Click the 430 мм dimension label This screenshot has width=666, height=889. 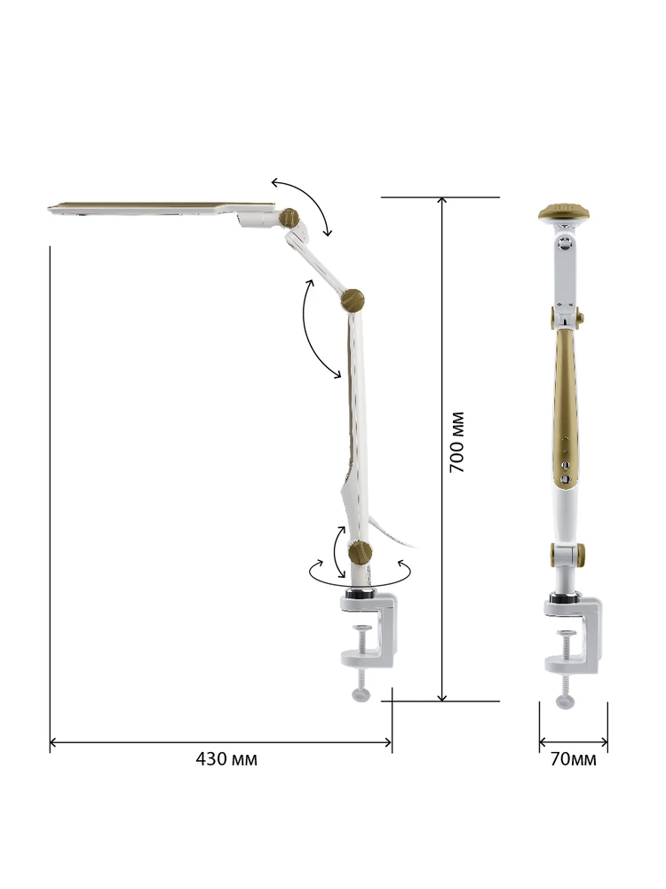click(x=226, y=758)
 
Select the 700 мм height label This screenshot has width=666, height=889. click(x=457, y=442)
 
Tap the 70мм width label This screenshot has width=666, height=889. click(x=573, y=759)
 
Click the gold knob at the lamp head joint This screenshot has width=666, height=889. click(x=289, y=217)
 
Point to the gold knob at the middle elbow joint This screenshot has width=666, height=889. click(x=353, y=300)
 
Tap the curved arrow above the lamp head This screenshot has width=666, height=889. click(x=305, y=204)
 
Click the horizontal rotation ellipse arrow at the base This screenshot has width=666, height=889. click(x=361, y=573)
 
